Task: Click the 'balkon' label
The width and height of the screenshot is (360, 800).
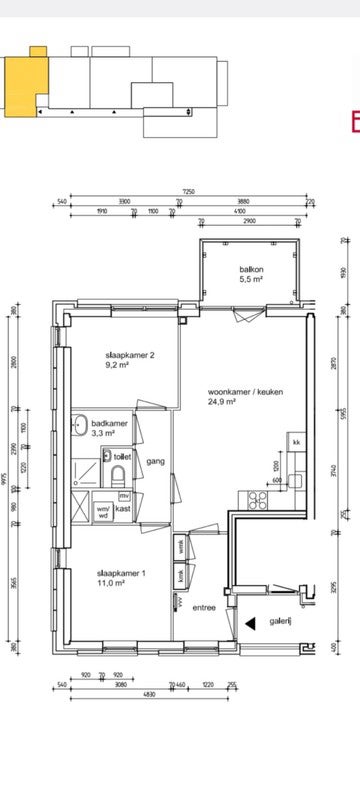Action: (251, 271)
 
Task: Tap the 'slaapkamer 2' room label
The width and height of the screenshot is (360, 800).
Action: (129, 355)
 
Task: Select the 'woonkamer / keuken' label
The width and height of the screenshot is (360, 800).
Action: (239, 391)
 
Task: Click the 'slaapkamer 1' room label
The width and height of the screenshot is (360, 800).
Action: (119, 573)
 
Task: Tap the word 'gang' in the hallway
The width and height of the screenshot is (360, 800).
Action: (155, 461)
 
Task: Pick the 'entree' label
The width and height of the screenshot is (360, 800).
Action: (204, 607)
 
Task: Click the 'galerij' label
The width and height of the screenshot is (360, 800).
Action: (280, 620)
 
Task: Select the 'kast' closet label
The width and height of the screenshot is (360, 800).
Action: (123, 509)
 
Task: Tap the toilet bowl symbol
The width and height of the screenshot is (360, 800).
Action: (118, 474)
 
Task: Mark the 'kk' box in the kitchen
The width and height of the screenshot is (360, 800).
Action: (297, 442)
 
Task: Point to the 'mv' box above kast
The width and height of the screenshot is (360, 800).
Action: (124, 495)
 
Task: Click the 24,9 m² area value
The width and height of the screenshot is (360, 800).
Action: (221, 402)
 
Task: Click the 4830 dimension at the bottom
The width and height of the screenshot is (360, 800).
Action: (120, 694)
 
